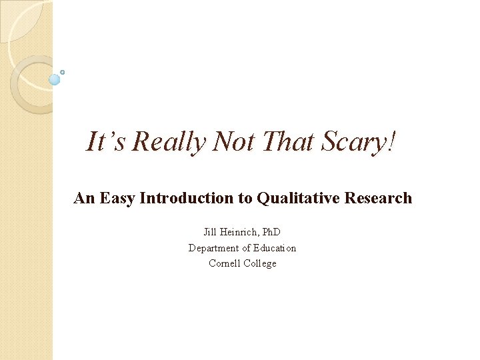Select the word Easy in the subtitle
117,198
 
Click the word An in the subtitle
85,198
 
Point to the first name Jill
211,232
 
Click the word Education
273,248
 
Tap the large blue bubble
55,79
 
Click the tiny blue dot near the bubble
63,71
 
